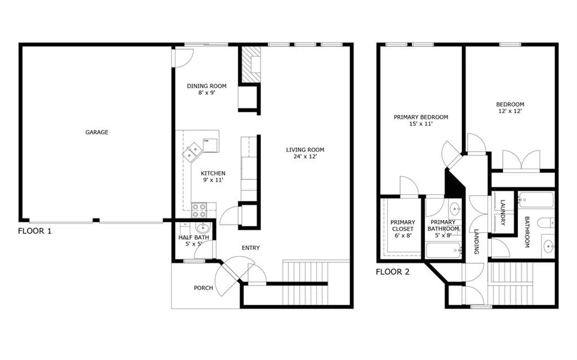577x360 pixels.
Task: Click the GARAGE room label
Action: click(x=97, y=132)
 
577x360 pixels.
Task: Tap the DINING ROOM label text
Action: click(x=207, y=86)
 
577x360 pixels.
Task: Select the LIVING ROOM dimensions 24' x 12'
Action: click(x=305, y=156)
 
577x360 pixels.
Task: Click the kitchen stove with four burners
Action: click(x=199, y=210)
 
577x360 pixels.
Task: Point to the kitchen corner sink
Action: click(x=192, y=152)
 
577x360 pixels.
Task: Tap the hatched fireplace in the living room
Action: click(x=251, y=64)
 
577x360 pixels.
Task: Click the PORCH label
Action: click(x=204, y=288)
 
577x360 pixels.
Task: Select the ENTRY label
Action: click(x=250, y=248)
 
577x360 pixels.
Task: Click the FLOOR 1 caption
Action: click(x=35, y=231)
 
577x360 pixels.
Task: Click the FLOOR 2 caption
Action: click(x=393, y=272)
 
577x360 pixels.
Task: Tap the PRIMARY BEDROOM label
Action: click(x=421, y=117)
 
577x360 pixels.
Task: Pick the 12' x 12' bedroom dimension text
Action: click(x=510, y=111)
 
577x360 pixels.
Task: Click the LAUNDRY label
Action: click(x=503, y=212)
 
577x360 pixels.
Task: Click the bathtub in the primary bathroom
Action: click(x=444, y=251)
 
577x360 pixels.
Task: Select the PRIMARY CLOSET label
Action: click(x=403, y=226)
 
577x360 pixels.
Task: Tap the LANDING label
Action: click(x=476, y=242)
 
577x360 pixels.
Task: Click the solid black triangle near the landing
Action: click(x=453, y=183)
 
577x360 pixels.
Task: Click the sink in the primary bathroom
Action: click(x=456, y=209)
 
